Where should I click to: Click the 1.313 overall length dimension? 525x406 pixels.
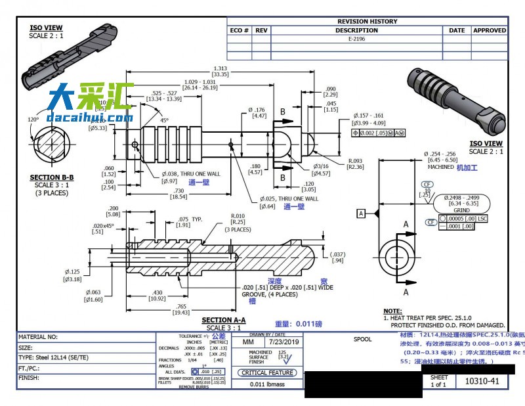[x=220, y=68]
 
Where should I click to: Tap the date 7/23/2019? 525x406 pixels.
[x=283, y=342]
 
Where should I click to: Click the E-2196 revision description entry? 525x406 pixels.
[x=356, y=39]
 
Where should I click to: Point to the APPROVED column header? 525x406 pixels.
[x=490, y=30]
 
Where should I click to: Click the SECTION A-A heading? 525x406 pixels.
[x=225, y=321]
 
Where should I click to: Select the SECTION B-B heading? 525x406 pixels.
[x=51, y=177]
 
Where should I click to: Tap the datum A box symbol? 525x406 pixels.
[x=360, y=213]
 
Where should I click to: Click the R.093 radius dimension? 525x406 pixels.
[x=356, y=160]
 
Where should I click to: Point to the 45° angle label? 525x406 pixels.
[x=164, y=120]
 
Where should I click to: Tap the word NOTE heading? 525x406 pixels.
[x=392, y=311]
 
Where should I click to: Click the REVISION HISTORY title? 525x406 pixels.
[x=367, y=21]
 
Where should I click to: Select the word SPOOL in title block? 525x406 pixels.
[x=362, y=340]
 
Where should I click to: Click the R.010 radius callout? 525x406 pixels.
[x=238, y=215]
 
